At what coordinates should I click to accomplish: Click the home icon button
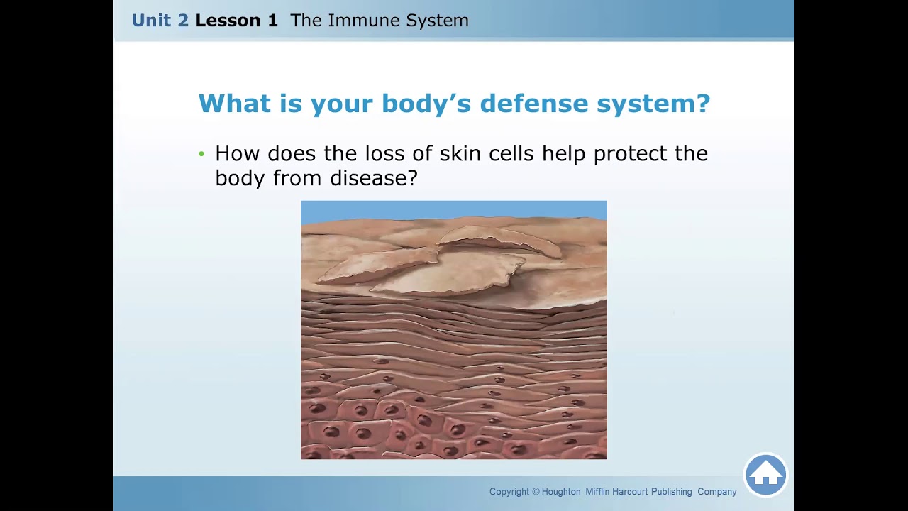[765, 474]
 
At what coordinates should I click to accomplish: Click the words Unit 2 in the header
[160, 21]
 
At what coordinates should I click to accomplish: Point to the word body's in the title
[426, 104]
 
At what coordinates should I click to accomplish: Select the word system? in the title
[653, 104]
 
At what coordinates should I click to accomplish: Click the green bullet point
[201, 154]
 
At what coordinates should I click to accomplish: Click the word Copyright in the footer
[509, 492]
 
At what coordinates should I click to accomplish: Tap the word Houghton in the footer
[561, 492]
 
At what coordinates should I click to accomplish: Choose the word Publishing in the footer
[671, 492]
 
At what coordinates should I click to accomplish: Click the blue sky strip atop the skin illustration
[454, 211]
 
